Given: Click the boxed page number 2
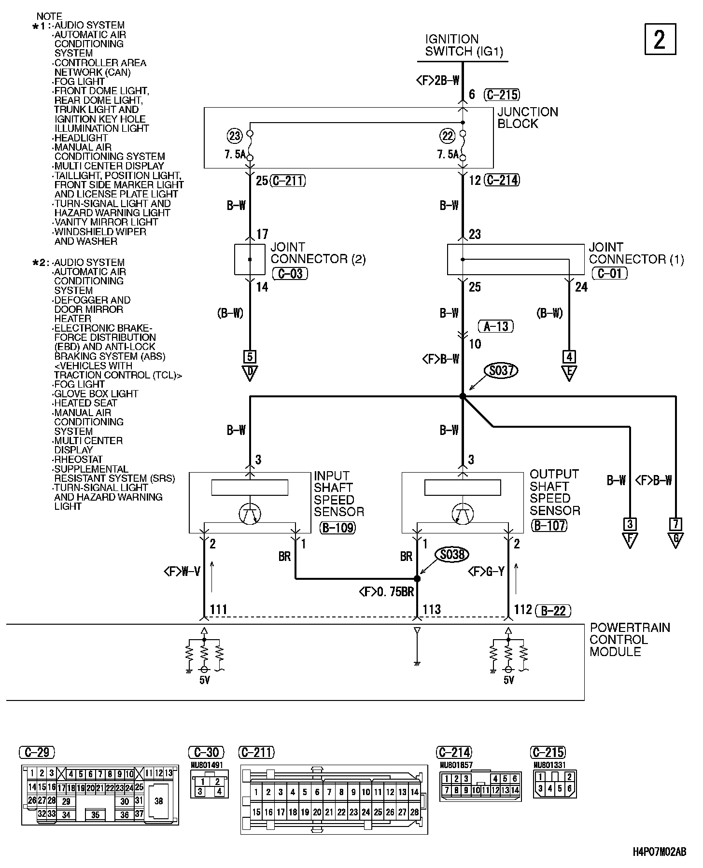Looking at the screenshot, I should [x=660, y=40].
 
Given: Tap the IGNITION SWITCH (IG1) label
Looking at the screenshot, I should [x=464, y=45].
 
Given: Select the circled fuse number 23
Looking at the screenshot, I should [x=235, y=136].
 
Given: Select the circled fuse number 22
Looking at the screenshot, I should [x=448, y=136].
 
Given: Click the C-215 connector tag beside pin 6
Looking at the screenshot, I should [x=503, y=95].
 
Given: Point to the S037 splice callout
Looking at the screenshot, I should [x=501, y=371].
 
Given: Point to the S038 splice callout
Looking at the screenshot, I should [x=452, y=555].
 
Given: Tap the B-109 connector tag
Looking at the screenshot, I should [x=337, y=528].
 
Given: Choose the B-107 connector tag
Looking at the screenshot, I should [x=548, y=525].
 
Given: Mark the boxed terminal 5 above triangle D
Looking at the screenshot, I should [x=250, y=357].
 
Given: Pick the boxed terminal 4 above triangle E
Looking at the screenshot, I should [x=569, y=357].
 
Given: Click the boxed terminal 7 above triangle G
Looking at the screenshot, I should [x=675, y=524].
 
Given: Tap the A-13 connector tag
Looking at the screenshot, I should [x=496, y=326].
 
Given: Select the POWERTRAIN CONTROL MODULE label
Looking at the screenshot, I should [x=630, y=640].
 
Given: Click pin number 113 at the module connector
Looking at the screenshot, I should [x=432, y=609].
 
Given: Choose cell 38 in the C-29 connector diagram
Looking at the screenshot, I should [x=159, y=801].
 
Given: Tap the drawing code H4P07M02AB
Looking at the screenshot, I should [x=660, y=852].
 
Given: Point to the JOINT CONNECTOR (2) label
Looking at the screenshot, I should [x=318, y=253].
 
